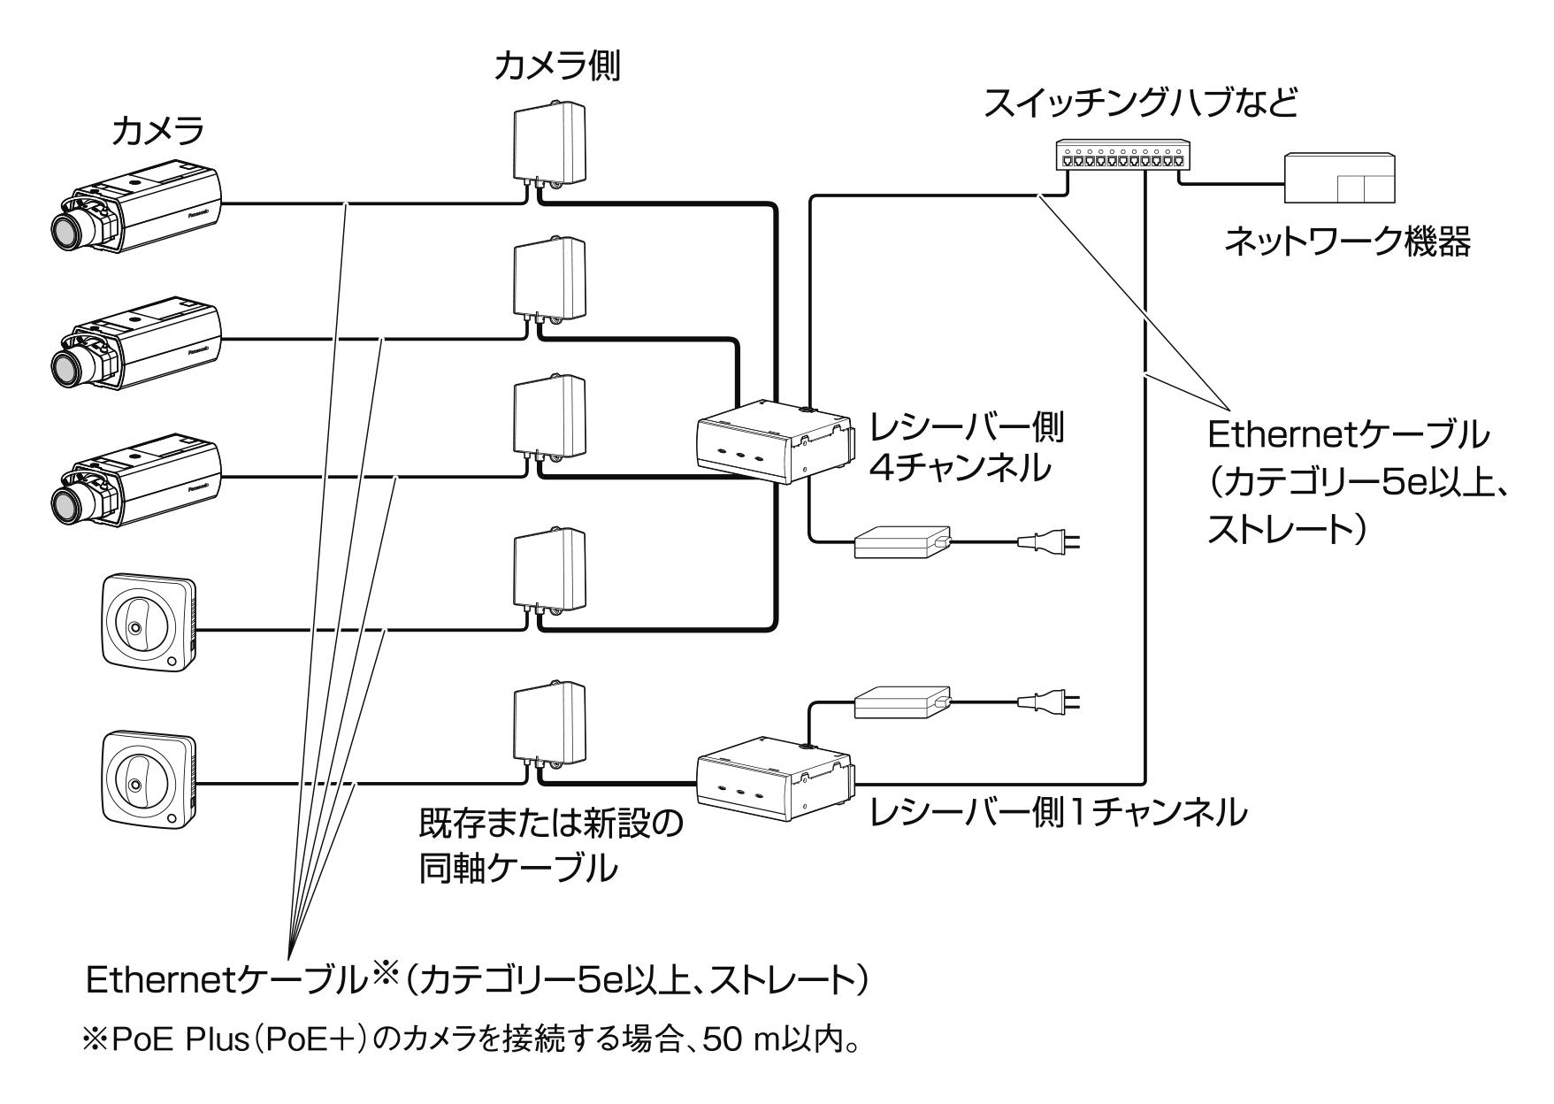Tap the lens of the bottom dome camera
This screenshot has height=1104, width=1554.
pyautogui.click(x=134, y=784)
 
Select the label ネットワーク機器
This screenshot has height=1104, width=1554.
pyautogui.click(x=1347, y=241)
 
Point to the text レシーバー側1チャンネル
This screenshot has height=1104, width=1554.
pyautogui.click(x=1058, y=811)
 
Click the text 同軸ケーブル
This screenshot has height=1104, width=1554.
pyautogui.click(x=517, y=869)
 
